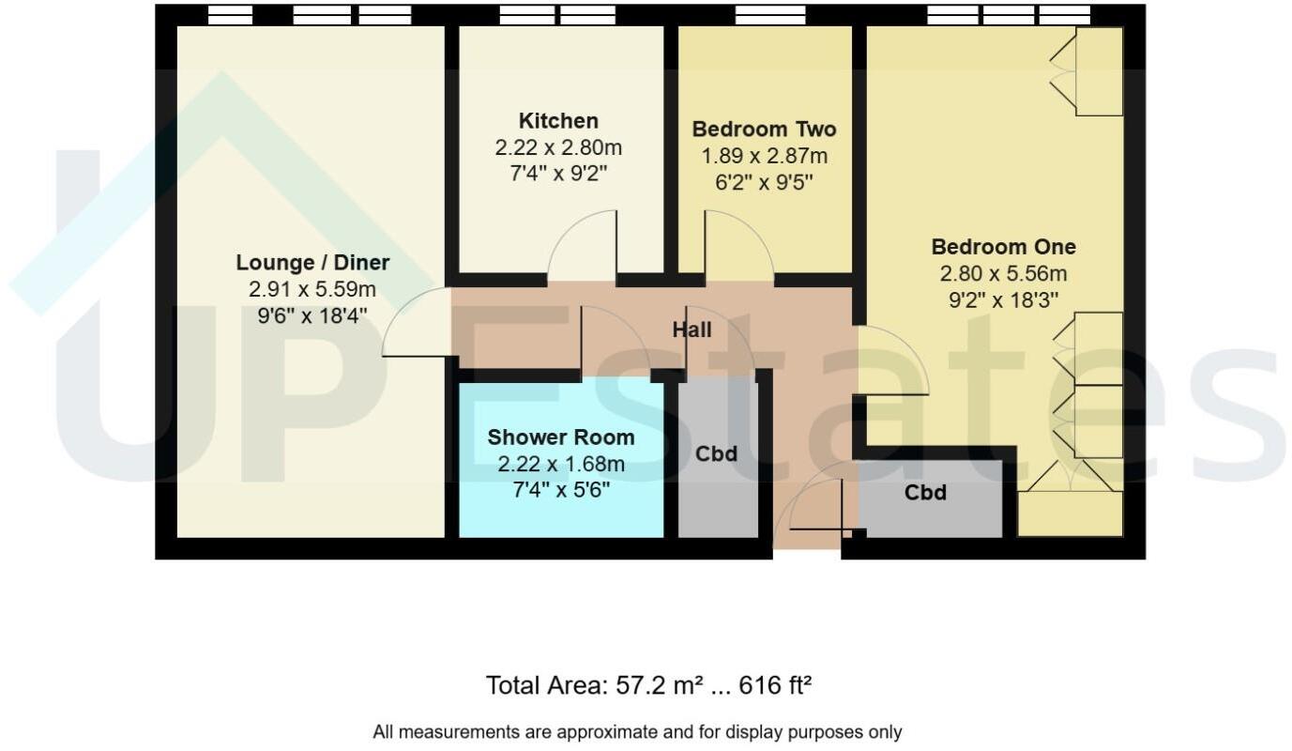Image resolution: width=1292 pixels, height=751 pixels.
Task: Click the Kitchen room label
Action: click(558, 121)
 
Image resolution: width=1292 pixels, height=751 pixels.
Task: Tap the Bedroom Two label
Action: click(764, 129)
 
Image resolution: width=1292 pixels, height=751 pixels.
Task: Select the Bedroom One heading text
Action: click(1003, 247)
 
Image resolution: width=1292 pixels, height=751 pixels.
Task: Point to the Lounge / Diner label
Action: click(312, 263)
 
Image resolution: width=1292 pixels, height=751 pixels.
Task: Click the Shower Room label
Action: click(560, 437)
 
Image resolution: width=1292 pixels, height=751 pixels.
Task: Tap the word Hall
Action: click(692, 330)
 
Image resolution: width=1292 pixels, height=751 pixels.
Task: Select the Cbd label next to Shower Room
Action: click(716, 454)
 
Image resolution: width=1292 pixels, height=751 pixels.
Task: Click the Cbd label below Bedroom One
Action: click(925, 493)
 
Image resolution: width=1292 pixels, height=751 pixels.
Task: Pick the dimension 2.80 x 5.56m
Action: click(1003, 274)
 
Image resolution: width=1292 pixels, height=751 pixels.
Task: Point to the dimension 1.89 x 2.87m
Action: click(764, 156)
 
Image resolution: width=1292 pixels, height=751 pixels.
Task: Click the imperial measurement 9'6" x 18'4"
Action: click(312, 316)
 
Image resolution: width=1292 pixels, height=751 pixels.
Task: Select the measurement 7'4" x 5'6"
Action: click(560, 490)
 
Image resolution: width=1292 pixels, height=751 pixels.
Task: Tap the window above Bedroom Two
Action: click(769, 14)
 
